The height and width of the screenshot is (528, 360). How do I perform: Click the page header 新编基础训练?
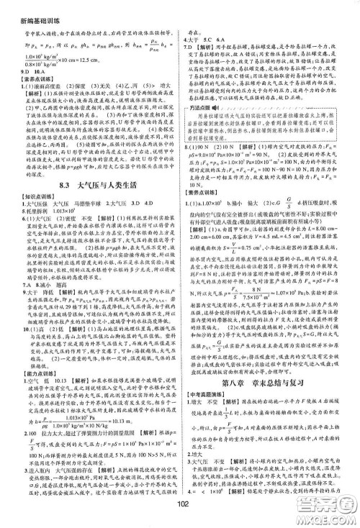27,6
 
